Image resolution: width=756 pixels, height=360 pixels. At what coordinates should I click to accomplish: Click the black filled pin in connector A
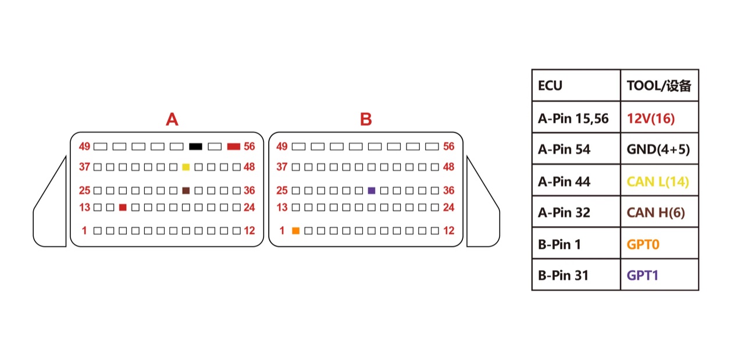click(195, 147)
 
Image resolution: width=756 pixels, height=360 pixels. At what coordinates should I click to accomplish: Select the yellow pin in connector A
click(186, 167)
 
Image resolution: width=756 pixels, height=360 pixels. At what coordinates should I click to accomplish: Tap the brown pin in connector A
click(186, 191)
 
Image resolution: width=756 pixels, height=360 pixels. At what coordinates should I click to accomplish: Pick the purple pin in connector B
click(371, 191)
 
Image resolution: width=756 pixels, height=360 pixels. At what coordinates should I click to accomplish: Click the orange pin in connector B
click(295, 231)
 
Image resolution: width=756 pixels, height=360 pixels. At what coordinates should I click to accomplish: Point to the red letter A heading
click(172, 119)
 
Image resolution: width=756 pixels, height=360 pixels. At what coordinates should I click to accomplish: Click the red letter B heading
click(366, 119)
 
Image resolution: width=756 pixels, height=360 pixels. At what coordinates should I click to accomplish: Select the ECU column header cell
click(576, 85)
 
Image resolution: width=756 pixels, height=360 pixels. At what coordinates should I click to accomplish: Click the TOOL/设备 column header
click(659, 85)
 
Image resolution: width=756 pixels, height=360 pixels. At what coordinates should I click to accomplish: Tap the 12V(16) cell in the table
click(659, 117)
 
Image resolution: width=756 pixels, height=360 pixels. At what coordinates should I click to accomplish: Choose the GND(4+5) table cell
click(659, 149)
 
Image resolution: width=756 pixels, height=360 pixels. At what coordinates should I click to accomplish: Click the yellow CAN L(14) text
click(658, 182)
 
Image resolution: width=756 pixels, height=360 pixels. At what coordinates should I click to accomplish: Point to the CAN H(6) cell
click(659, 212)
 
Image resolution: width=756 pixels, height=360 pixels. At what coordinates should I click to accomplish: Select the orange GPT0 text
click(643, 244)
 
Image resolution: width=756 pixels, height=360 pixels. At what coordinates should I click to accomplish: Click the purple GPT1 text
click(643, 275)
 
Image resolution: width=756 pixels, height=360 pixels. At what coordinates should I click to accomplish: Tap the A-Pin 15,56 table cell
click(576, 117)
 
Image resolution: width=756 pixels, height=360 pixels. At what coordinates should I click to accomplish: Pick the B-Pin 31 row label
click(564, 275)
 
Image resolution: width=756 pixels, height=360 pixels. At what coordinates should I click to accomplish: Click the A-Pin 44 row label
click(564, 182)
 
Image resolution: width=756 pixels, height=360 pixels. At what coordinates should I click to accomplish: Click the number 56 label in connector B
click(448, 147)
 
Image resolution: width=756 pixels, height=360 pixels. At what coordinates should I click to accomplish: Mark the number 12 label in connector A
click(249, 231)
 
